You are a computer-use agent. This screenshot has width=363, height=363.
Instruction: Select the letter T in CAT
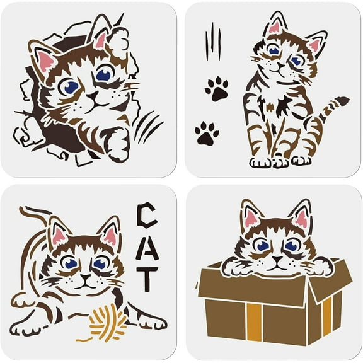(x=146, y=279)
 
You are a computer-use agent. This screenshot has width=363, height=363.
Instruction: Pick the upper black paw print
(x=216, y=89)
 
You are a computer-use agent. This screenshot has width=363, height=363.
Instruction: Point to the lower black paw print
(x=206, y=133)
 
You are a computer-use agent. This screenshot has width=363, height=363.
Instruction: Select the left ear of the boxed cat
(x=251, y=216)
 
